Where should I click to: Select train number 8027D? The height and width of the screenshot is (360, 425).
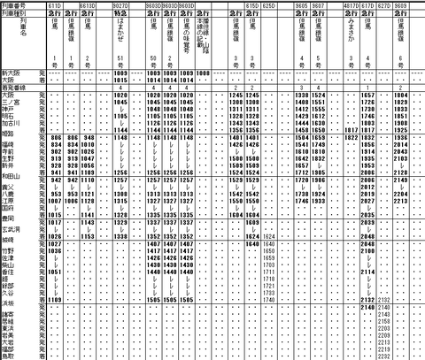123,5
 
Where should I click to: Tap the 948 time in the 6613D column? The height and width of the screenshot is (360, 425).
89,137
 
